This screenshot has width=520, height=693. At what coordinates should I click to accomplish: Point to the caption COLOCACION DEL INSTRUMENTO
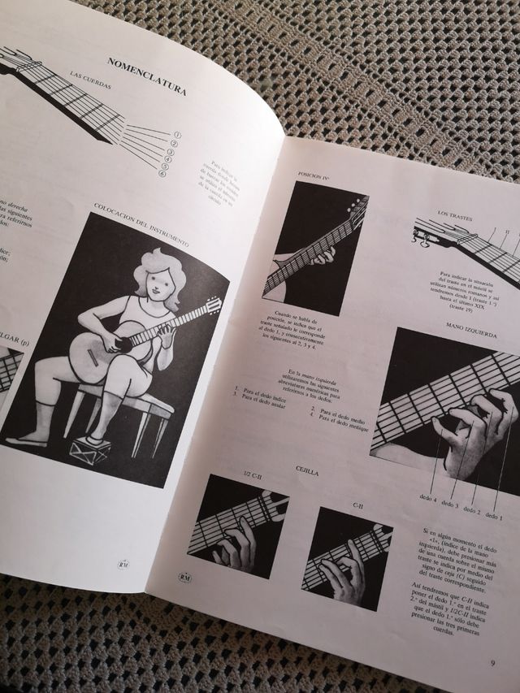[141, 221]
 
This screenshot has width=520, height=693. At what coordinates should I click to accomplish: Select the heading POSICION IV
[316, 173]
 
